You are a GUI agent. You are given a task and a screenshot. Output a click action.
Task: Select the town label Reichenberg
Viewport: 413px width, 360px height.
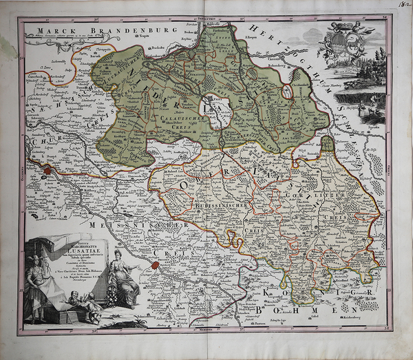(357, 319)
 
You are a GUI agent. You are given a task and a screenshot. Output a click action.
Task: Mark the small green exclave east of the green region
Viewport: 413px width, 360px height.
(328, 145)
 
